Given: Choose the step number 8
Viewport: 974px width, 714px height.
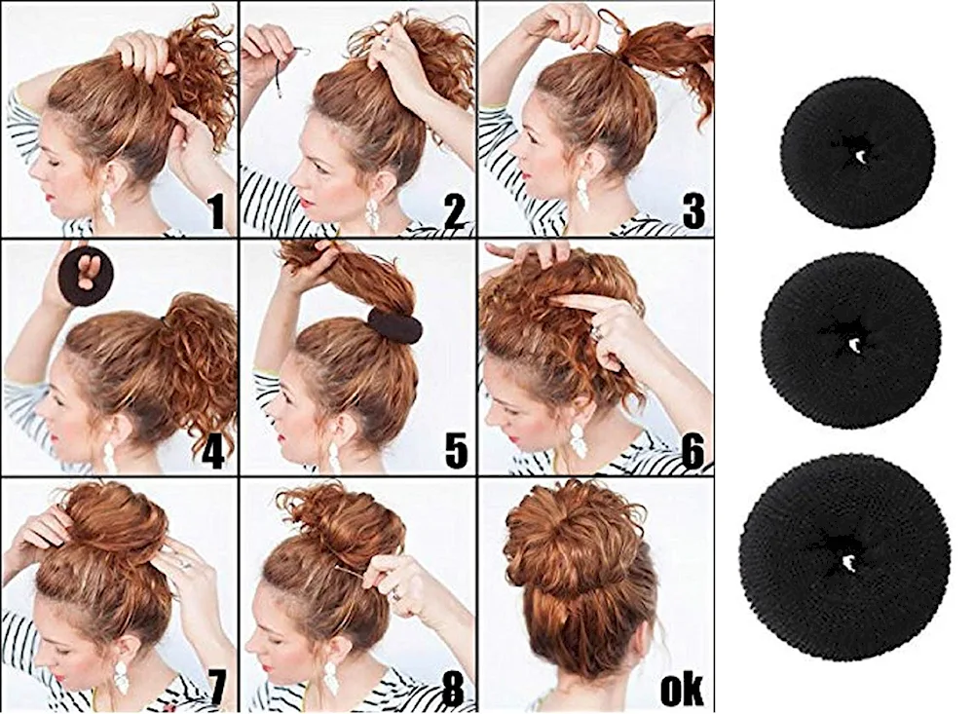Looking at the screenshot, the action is [454, 686].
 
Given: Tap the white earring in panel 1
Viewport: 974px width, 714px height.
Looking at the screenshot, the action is [106, 208].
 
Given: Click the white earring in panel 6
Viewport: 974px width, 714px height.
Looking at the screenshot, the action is [580, 440].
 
